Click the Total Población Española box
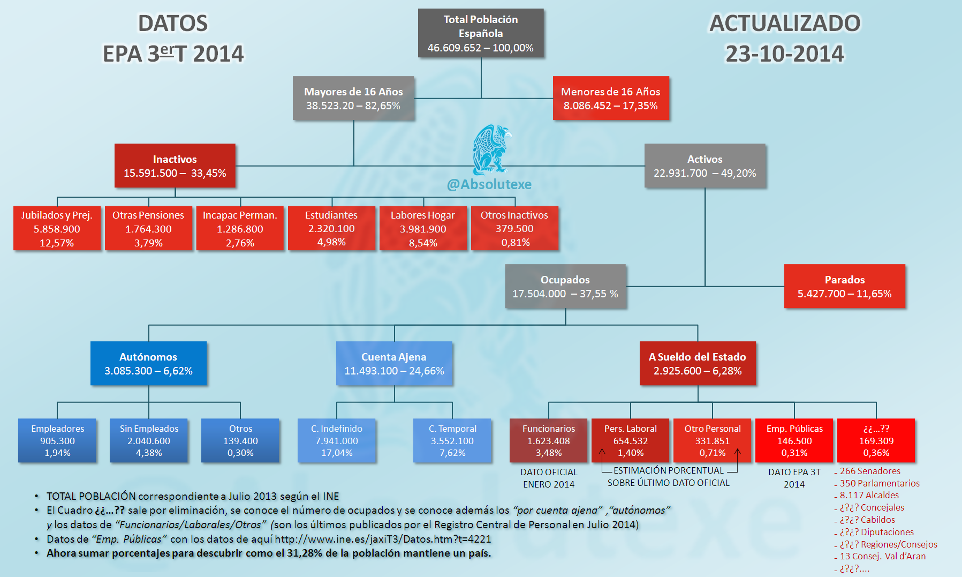tap(481, 33)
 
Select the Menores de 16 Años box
tap(610, 99)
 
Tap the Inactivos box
tap(175, 166)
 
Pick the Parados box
tap(844, 287)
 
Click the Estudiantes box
tap(331, 229)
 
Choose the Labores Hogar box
tap(423, 229)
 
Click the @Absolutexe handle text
tap(489, 184)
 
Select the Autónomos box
tap(148, 364)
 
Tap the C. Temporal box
tap(452, 440)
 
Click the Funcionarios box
tap(549, 440)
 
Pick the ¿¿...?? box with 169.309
tap(876, 440)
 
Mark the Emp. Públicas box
tap(794, 440)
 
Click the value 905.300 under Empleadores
tap(57, 441)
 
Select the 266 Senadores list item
tap(870, 471)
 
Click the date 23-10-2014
tap(784, 54)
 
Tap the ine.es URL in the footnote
tap(383, 539)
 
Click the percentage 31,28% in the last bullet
tap(305, 553)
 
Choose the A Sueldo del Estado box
tap(698, 364)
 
